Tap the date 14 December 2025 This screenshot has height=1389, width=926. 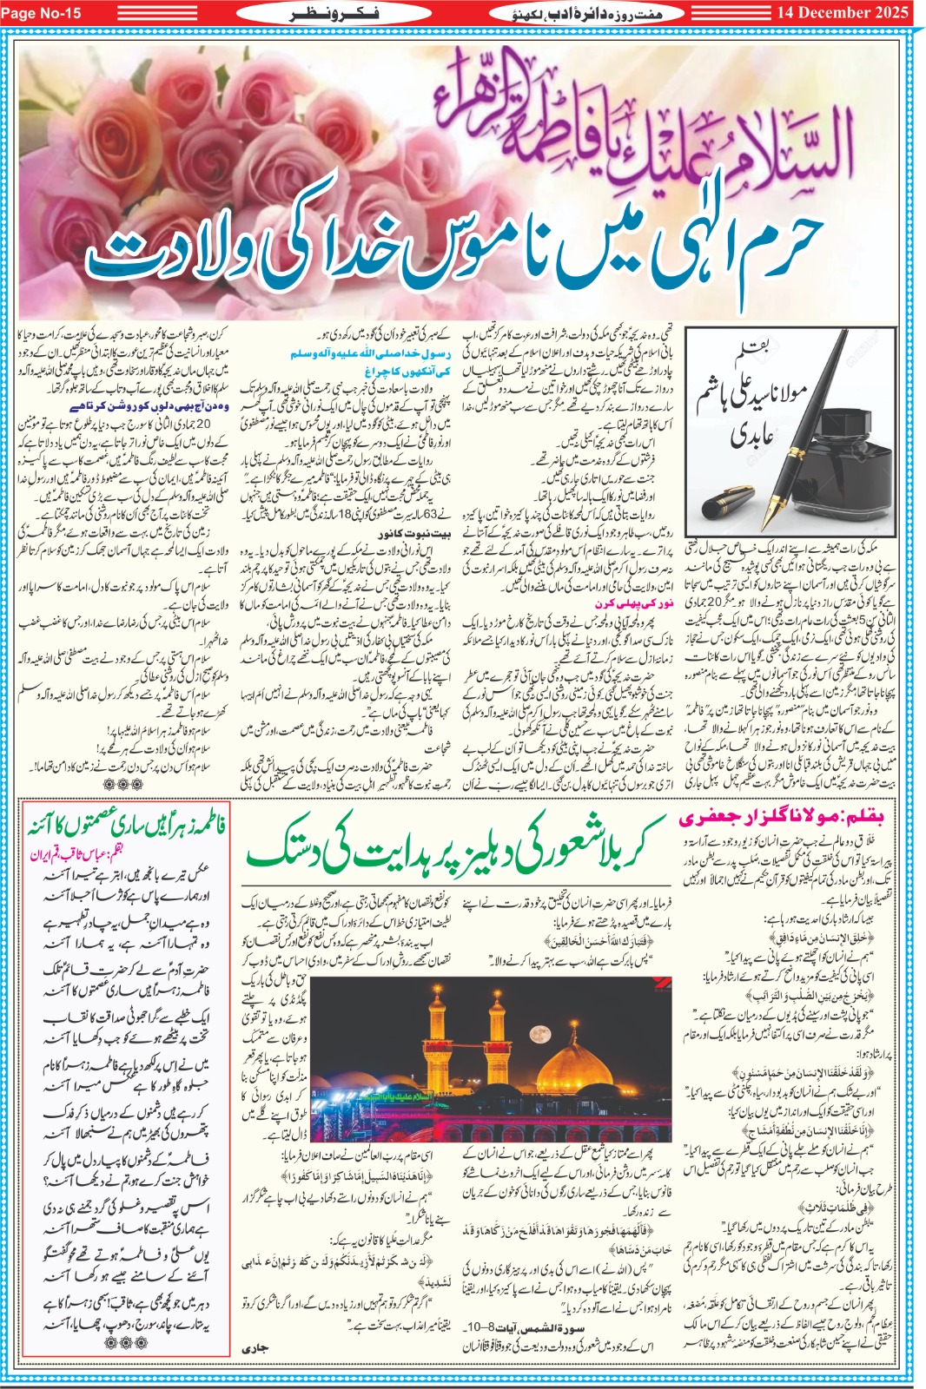pos(842,12)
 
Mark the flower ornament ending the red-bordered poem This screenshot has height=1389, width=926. pos(127,1341)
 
